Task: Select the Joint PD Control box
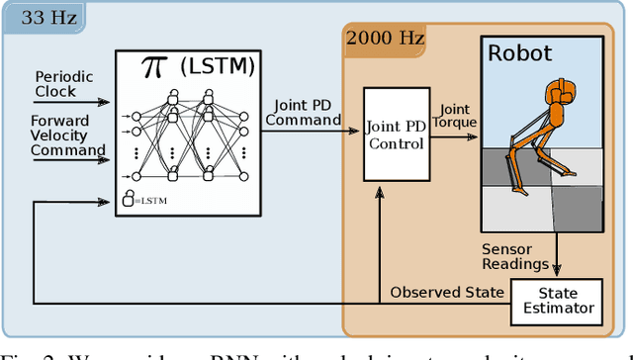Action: click(395, 135)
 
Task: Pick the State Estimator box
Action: click(556, 301)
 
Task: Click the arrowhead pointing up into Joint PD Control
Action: click(380, 191)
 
